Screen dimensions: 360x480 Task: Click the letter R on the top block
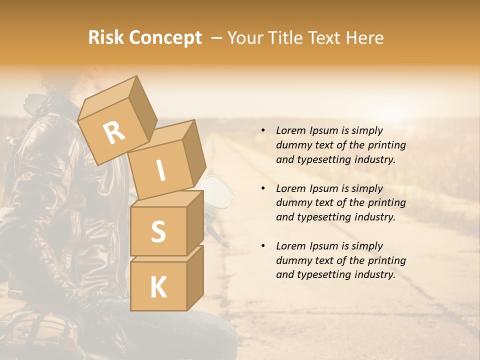coord(114,132)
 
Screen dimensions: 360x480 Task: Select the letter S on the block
coord(158,232)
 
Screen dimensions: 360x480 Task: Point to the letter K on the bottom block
coord(158,287)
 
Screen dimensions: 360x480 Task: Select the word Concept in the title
coord(164,38)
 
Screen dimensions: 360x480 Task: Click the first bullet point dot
coord(262,130)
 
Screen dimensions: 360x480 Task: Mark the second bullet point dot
coord(262,188)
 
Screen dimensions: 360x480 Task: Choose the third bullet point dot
coord(262,246)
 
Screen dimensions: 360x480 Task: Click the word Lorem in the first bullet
coord(291,130)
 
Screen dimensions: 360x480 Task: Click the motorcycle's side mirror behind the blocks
coord(218,191)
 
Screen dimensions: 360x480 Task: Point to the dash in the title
coord(217,38)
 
